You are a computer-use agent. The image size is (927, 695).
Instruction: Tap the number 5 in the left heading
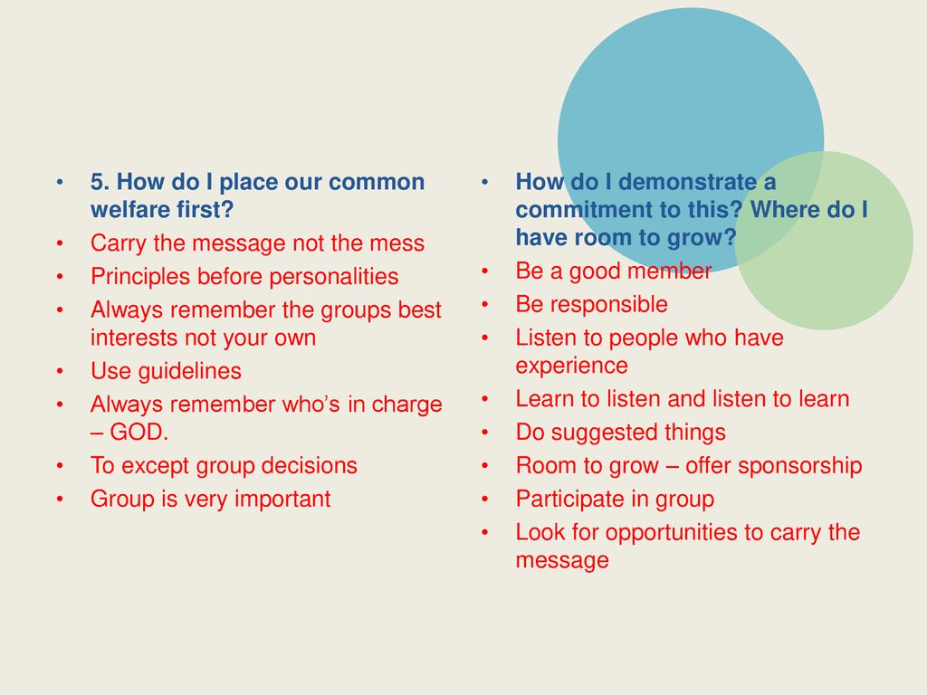97,182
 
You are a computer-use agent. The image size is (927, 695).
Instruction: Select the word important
282,500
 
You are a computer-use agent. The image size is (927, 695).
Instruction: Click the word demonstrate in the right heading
686,182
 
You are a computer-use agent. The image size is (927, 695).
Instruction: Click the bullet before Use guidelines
61,371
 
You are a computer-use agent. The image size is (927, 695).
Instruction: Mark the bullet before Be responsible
485,304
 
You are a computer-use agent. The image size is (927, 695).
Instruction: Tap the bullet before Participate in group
485,499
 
